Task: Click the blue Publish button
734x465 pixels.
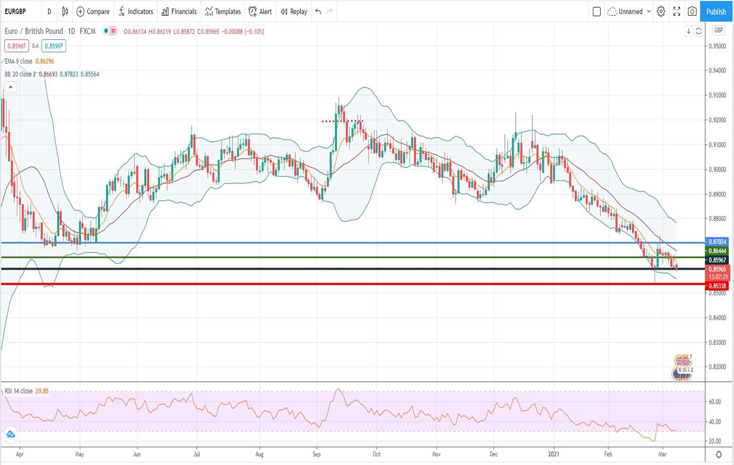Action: click(x=716, y=11)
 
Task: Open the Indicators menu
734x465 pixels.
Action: click(x=136, y=11)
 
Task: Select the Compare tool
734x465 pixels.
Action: click(x=93, y=11)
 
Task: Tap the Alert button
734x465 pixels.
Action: click(x=260, y=11)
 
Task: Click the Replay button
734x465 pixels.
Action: click(x=294, y=11)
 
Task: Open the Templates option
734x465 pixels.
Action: click(x=223, y=11)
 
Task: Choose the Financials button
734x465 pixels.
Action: click(x=179, y=11)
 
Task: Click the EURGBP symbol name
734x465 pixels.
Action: click(x=16, y=11)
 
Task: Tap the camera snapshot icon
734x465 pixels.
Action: click(x=692, y=11)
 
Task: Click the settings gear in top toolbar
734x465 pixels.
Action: click(x=661, y=11)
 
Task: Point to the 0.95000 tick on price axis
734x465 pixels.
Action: click(x=717, y=46)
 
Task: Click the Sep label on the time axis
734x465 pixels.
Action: click(x=316, y=454)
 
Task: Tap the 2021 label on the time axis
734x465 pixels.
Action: click(x=554, y=454)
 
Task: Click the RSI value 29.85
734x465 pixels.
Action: click(x=42, y=391)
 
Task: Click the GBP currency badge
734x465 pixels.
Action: click(x=718, y=30)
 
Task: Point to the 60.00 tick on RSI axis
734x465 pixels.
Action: click(x=715, y=402)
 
